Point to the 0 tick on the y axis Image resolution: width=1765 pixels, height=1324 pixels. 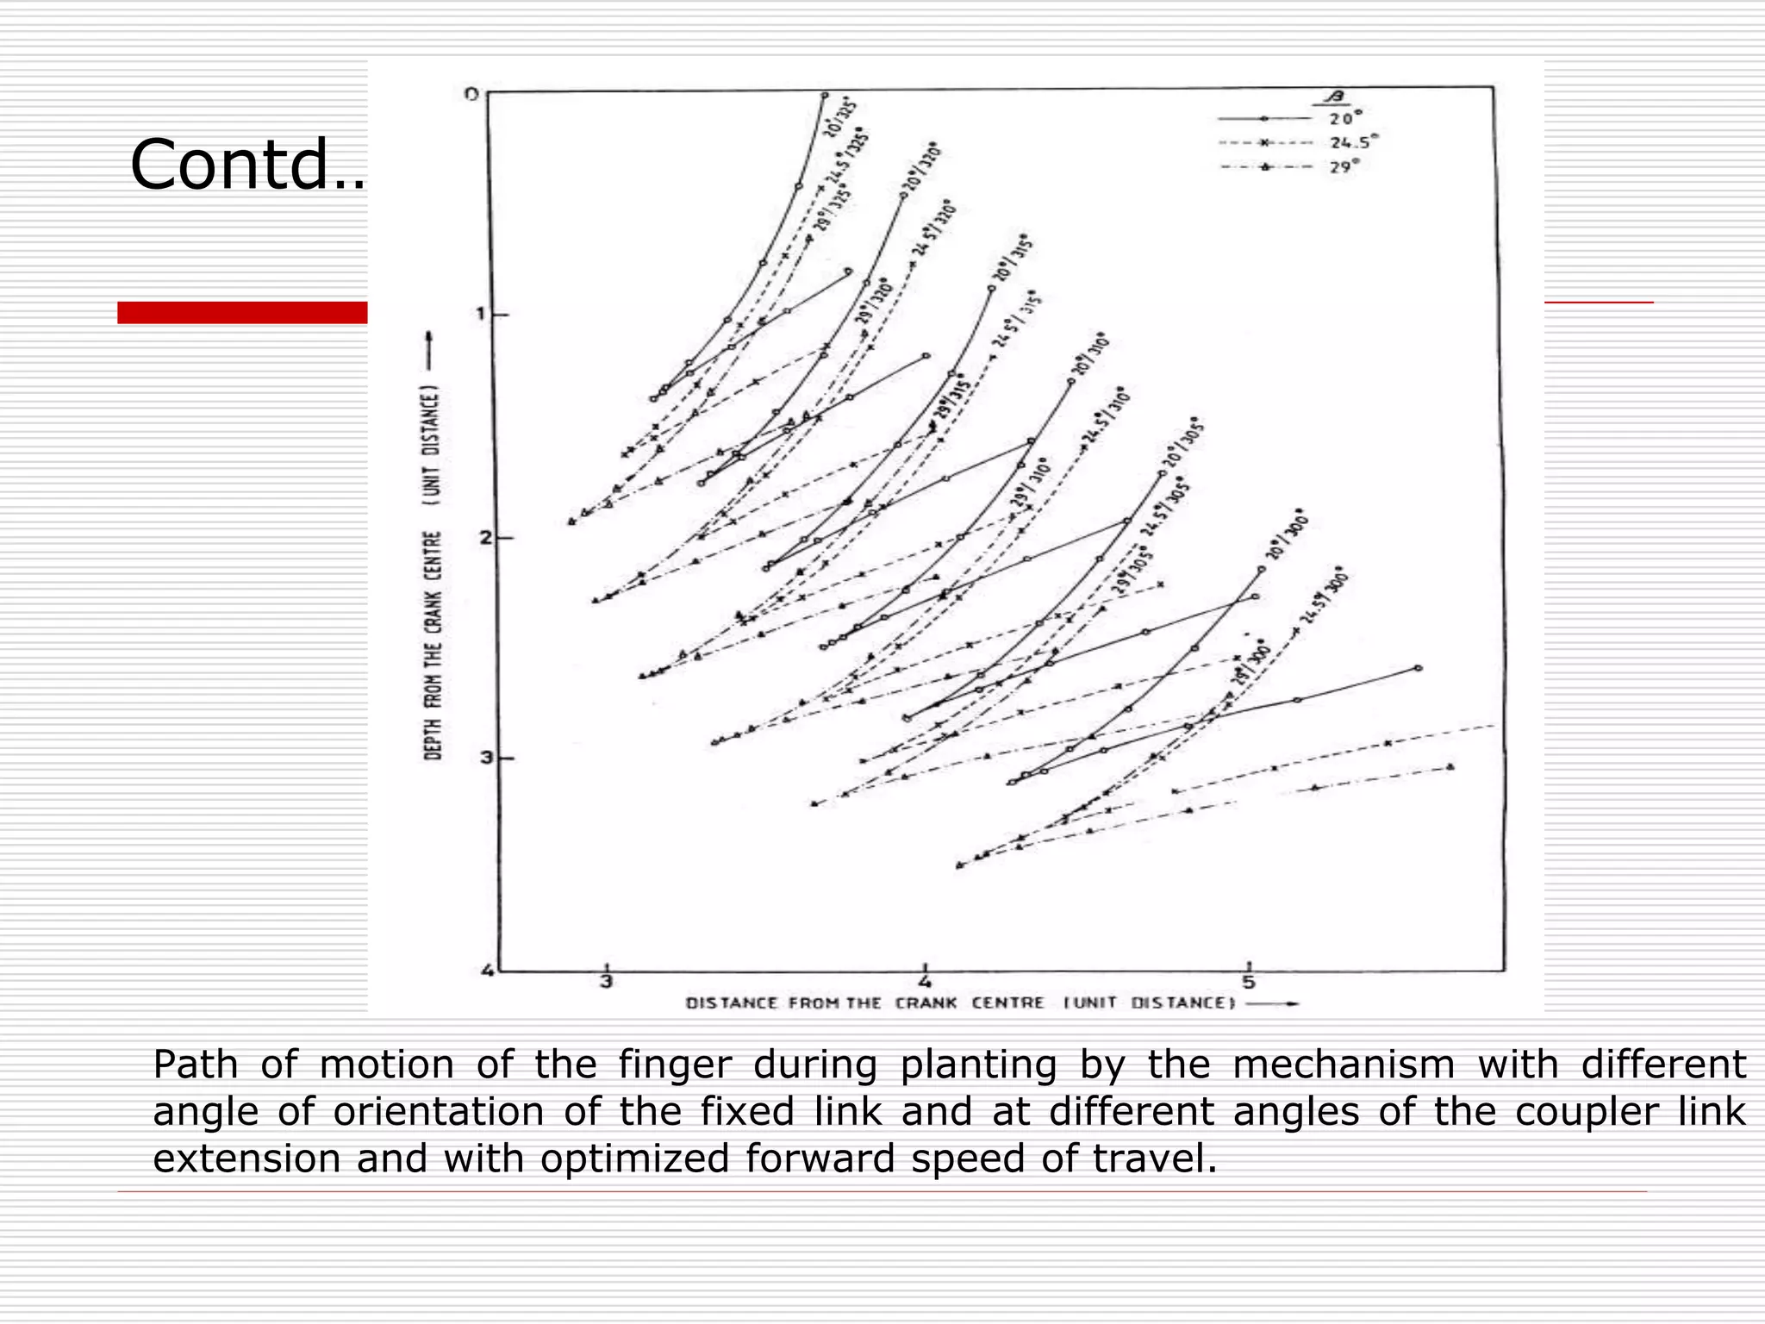pyautogui.click(x=471, y=94)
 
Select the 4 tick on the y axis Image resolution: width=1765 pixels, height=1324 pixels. pyautogui.click(x=488, y=971)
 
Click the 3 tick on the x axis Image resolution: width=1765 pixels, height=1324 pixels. pyautogui.click(x=607, y=982)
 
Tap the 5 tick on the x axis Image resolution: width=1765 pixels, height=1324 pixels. pyautogui.click(x=1249, y=982)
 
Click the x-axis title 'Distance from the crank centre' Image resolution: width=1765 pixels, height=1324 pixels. pyautogui.click(x=961, y=1003)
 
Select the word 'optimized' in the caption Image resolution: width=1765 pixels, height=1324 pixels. pyautogui.click(x=634, y=1158)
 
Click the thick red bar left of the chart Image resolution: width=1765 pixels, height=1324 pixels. pyautogui.click(x=242, y=313)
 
